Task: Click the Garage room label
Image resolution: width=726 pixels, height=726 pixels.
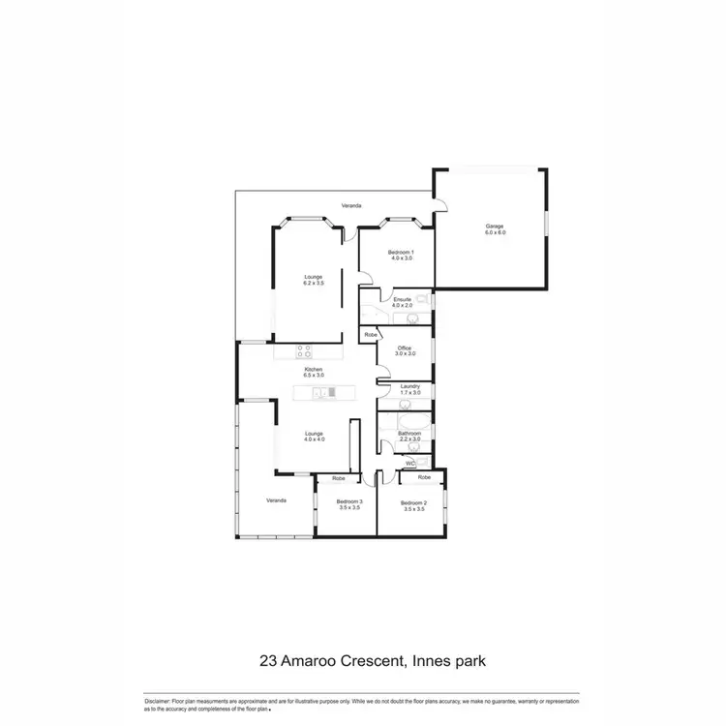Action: click(x=496, y=227)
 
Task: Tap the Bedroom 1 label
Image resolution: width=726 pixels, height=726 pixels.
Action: click(x=401, y=252)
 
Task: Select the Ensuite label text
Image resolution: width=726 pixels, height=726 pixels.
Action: click(x=402, y=300)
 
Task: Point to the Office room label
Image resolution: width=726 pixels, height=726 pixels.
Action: click(x=405, y=348)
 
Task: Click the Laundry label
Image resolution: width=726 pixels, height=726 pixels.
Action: click(x=410, y=385)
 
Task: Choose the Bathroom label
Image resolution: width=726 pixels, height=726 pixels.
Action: click(x=410, y=433)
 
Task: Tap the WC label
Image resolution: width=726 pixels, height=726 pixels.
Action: click(x=409, y=464)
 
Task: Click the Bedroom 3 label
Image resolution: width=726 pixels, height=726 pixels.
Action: click(x=348, y=501)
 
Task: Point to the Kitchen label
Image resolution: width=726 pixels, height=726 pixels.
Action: click(x=314, y=369)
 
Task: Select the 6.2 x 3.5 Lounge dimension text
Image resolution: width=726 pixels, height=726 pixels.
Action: click(x=314, y=284)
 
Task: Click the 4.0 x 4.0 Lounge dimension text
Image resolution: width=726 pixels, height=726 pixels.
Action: click(x=314, y=439)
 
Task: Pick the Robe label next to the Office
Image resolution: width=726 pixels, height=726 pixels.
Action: click(x=370, y=334)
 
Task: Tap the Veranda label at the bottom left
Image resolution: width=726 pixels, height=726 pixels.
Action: click(x=277, y=500)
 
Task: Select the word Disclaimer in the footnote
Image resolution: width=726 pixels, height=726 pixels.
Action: click(x=157, y=700)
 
